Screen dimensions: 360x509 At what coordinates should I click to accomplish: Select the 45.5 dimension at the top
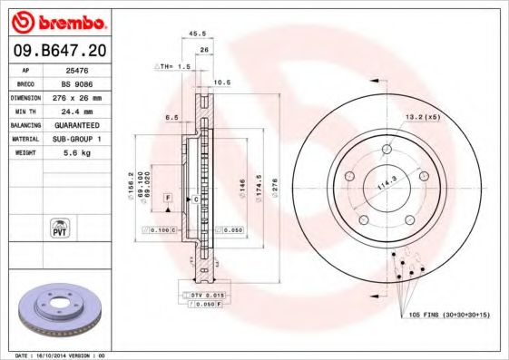[196, 35]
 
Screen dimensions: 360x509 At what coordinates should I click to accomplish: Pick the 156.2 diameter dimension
[132, 185]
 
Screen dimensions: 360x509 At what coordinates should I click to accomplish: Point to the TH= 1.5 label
[174, 67]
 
